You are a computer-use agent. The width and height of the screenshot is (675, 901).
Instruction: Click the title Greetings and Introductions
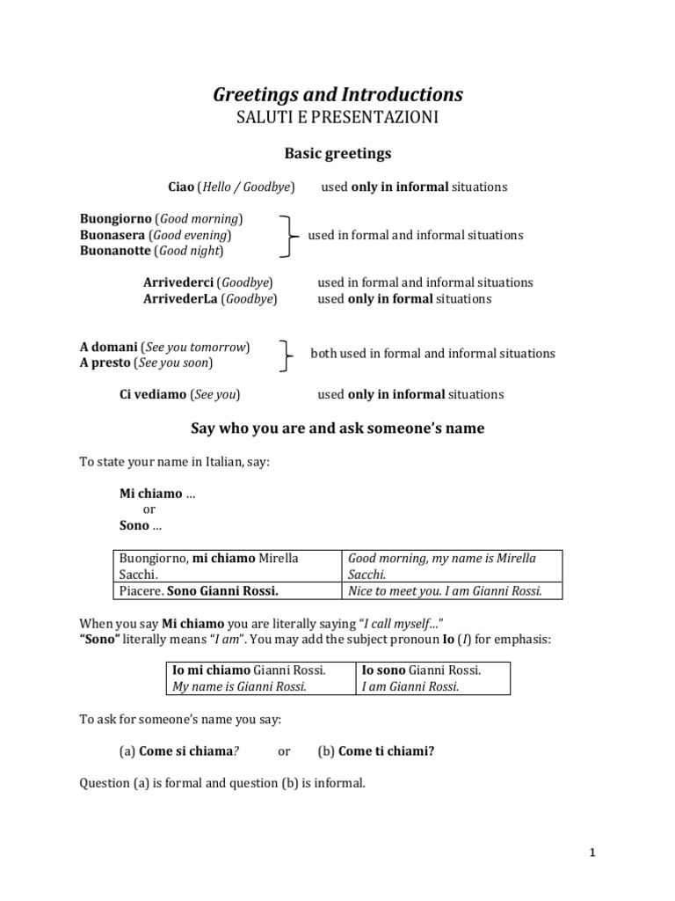click(x=337, y=94)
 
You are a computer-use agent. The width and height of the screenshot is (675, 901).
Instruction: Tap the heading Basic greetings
click(x=337, y=154)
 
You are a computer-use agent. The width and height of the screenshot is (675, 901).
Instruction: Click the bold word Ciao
click(x=181, y=187)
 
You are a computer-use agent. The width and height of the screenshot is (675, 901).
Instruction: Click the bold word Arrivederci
click(x=179, y=282)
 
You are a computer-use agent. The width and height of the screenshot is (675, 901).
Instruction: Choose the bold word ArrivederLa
click(x=180, y=299)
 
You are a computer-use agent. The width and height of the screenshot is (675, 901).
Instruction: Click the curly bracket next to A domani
click(x=285, y=354)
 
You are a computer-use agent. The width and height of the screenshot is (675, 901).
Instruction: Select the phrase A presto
click(x=105, y=363)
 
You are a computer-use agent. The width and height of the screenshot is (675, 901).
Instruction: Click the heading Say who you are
click(x=337, y=429)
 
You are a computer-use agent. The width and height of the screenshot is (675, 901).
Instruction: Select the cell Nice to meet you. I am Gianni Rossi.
click(x=445, y=590)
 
